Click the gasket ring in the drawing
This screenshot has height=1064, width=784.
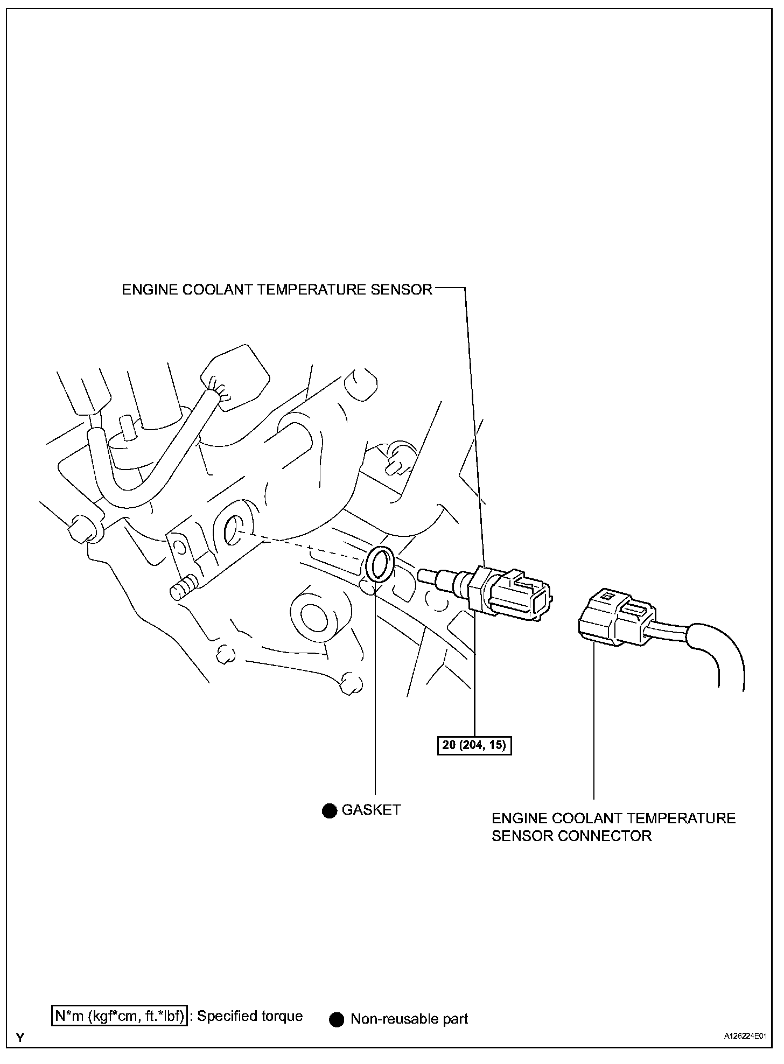(380, 565)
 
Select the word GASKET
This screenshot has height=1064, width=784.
(371, 810)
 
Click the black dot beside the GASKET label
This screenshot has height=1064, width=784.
(329, 810)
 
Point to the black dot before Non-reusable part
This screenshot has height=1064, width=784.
(337, 1019)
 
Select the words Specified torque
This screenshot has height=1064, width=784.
(250, 1016)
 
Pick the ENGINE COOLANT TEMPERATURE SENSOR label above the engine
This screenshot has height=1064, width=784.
(277, 290)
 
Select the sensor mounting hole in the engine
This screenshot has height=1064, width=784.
(235, 529)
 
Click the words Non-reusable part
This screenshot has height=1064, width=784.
(409, 1019)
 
